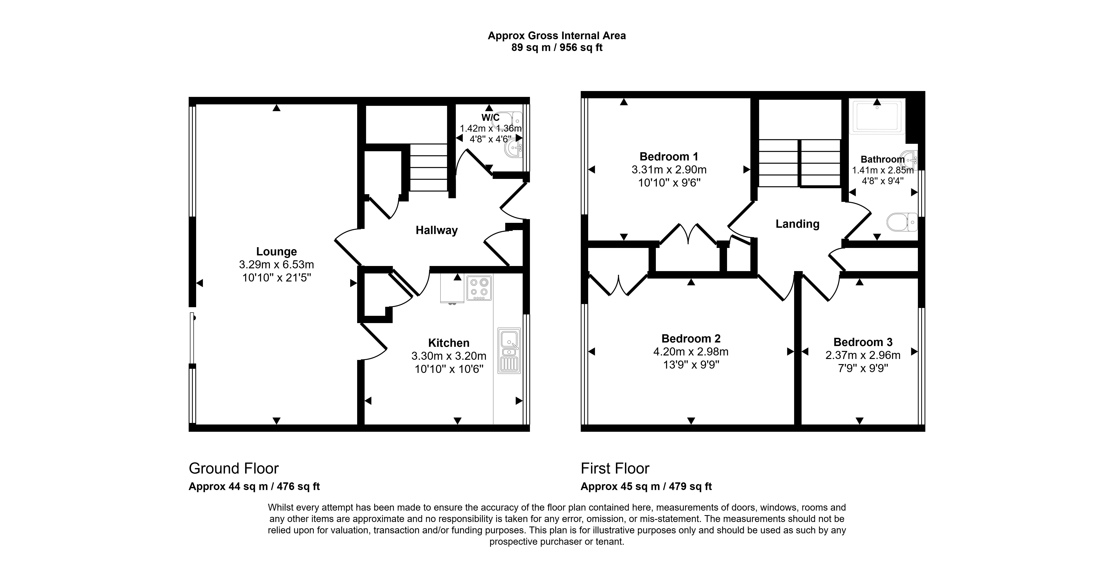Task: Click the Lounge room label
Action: click(x=276, y=251)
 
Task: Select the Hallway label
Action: click(x=436, y=230)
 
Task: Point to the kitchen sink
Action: click(x=509, y=350)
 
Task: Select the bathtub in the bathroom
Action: click(x=876, y=116)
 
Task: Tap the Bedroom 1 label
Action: click(x=669, y=156)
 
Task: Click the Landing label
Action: click(x=797, y=224)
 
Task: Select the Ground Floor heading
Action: click(x=234, y=468)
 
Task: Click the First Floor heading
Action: click(x=614, y=468)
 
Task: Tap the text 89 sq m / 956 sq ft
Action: click(x=557, y=48)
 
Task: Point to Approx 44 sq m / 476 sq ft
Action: click(x=254, y=486)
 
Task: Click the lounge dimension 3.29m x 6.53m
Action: click(x=276, y=264)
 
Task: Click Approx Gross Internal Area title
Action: click(x=557, y=36)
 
